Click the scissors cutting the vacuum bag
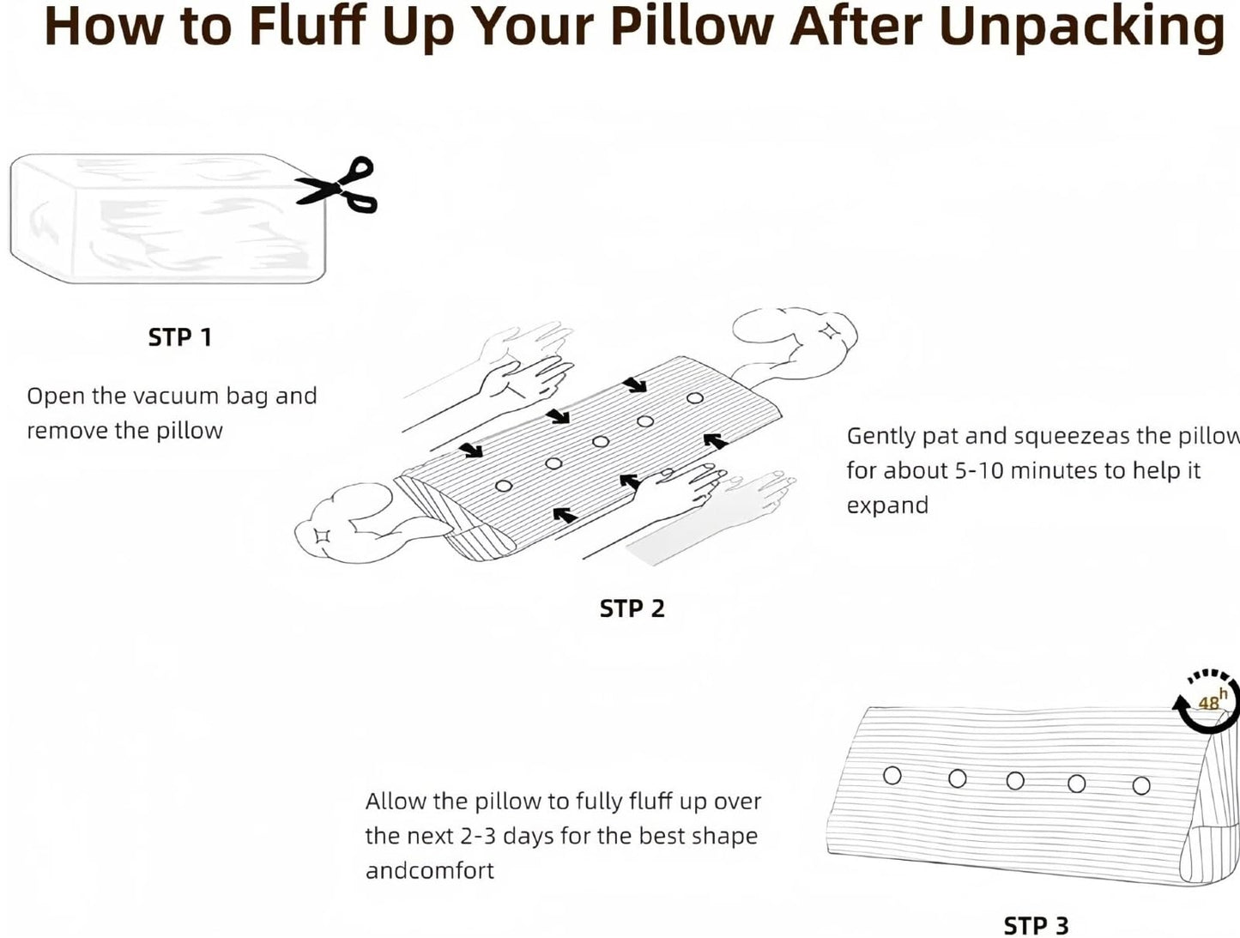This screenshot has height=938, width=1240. click(x=337, y=185)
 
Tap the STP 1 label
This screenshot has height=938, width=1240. click(x=179, y=338)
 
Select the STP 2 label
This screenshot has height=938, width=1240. click(x=632, y=608)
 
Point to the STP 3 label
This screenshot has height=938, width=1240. click(x=1036, y=926)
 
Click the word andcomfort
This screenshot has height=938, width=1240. click(x=430, y=871)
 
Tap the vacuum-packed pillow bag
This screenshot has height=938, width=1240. click(x=168, y=219)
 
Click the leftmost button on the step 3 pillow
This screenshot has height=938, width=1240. click(x=892, y=775)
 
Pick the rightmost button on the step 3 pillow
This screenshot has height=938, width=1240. click(x=1141, y=785)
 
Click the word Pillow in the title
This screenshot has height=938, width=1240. click(x=692, y=27)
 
